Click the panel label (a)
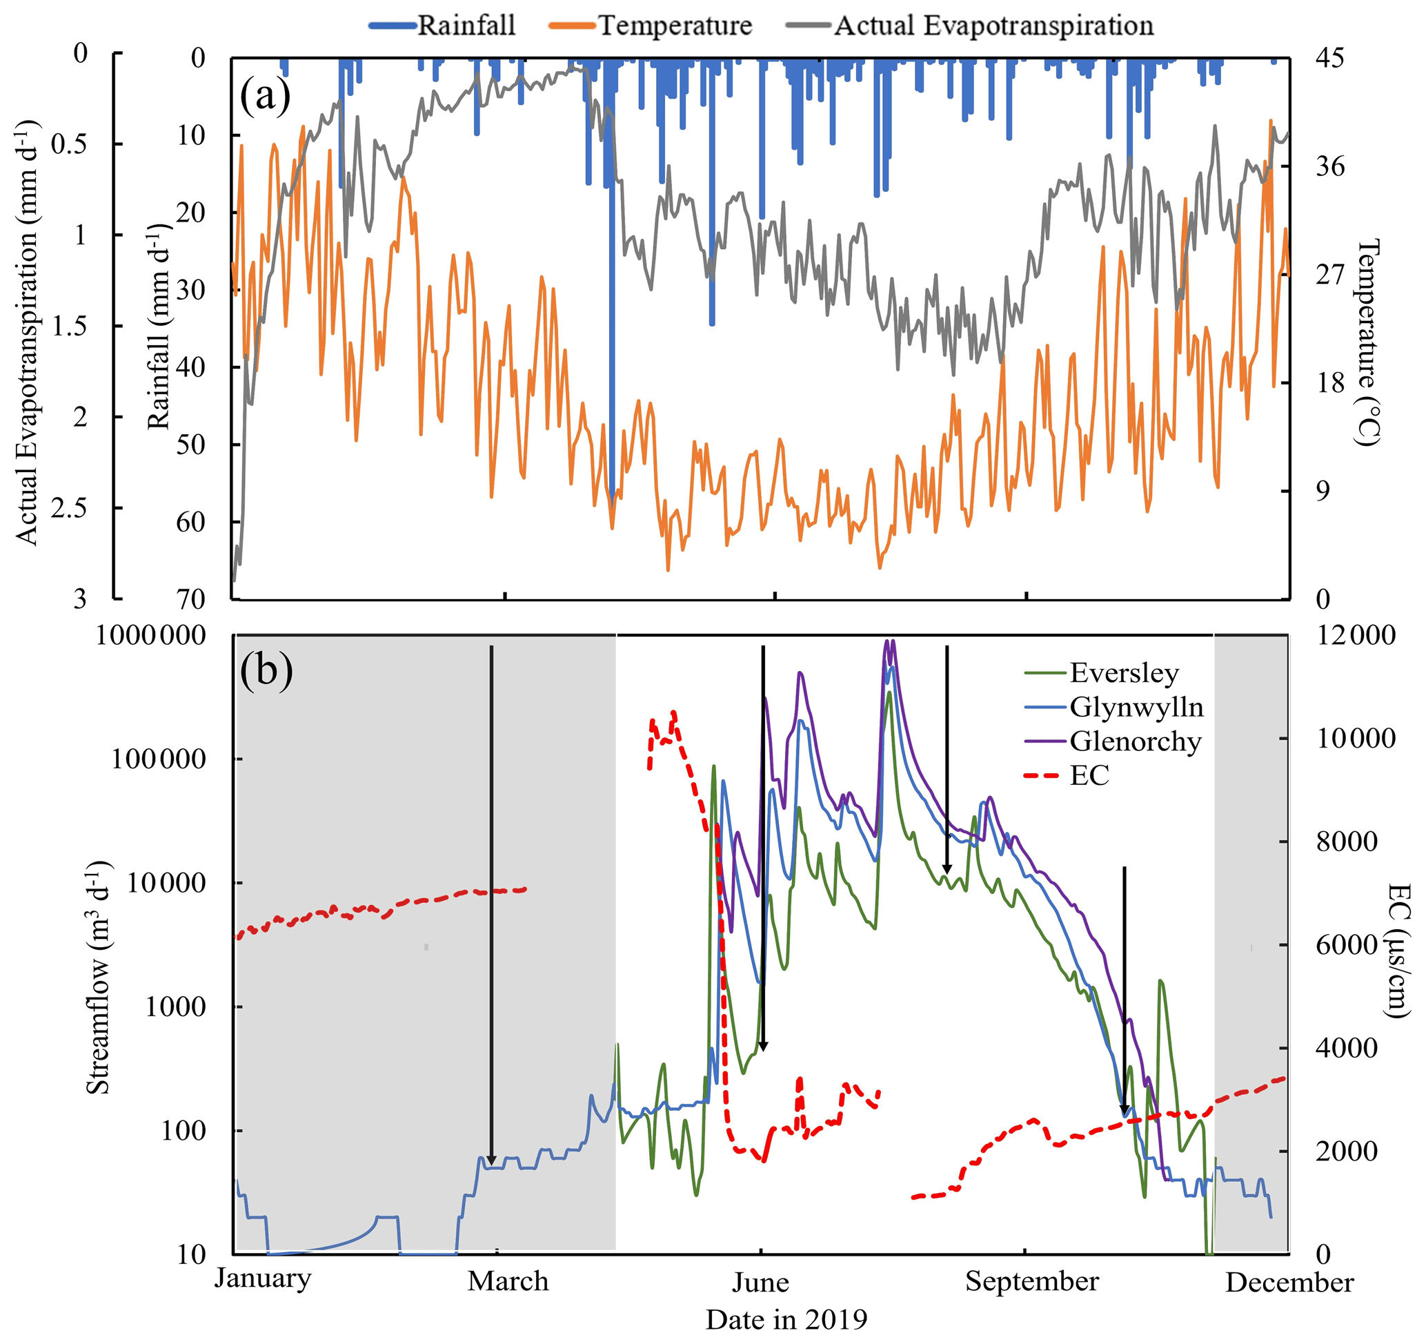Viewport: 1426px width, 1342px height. coord(265,95)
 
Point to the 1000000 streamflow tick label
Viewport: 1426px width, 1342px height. coord(150,635)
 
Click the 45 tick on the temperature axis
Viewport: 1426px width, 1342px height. coord(1329,57)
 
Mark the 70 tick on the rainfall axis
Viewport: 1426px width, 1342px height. coord(191,599)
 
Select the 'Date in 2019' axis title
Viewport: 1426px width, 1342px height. coord(786,1319)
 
